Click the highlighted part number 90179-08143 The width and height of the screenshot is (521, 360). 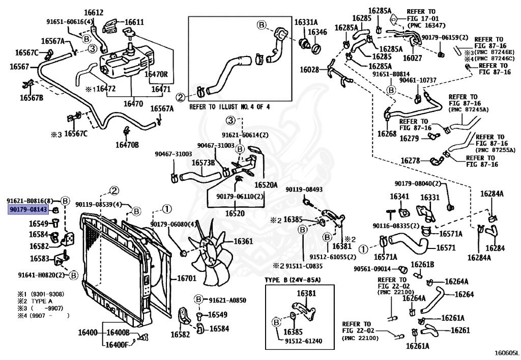click(x=28, y=209)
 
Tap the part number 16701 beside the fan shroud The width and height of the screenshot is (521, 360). click(x=186, y=278)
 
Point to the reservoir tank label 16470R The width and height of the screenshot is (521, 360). click(x=156, y=74)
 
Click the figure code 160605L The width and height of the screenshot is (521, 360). click(x=506, y=353)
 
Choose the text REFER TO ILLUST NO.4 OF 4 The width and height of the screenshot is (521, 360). click(x=229, y=107)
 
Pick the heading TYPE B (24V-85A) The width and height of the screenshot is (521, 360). click(x=293, y=280)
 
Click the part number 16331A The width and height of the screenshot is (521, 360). click(x=306, y=22)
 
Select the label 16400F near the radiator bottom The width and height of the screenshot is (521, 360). click(x=117, y=345)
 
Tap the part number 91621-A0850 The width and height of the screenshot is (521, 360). click(x=227, y=300)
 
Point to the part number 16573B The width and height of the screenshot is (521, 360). click(x=203, y=163)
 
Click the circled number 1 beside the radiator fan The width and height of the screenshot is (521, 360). click(x=167, y=209)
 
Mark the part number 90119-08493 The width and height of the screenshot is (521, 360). click(x=304, y=189)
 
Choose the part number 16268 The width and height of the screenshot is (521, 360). click(x=387, y=133)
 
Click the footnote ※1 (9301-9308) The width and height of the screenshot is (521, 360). click(x=41, y=294)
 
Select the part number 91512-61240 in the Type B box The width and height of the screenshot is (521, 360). click(x=303, y=341)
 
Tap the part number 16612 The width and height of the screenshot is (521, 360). click(x=94, y=13)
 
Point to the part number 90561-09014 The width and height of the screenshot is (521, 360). click(x=372, y=268)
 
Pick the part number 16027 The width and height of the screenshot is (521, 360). click(x=412, y=58)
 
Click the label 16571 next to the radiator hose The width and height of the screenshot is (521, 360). click(x=446, y=247)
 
